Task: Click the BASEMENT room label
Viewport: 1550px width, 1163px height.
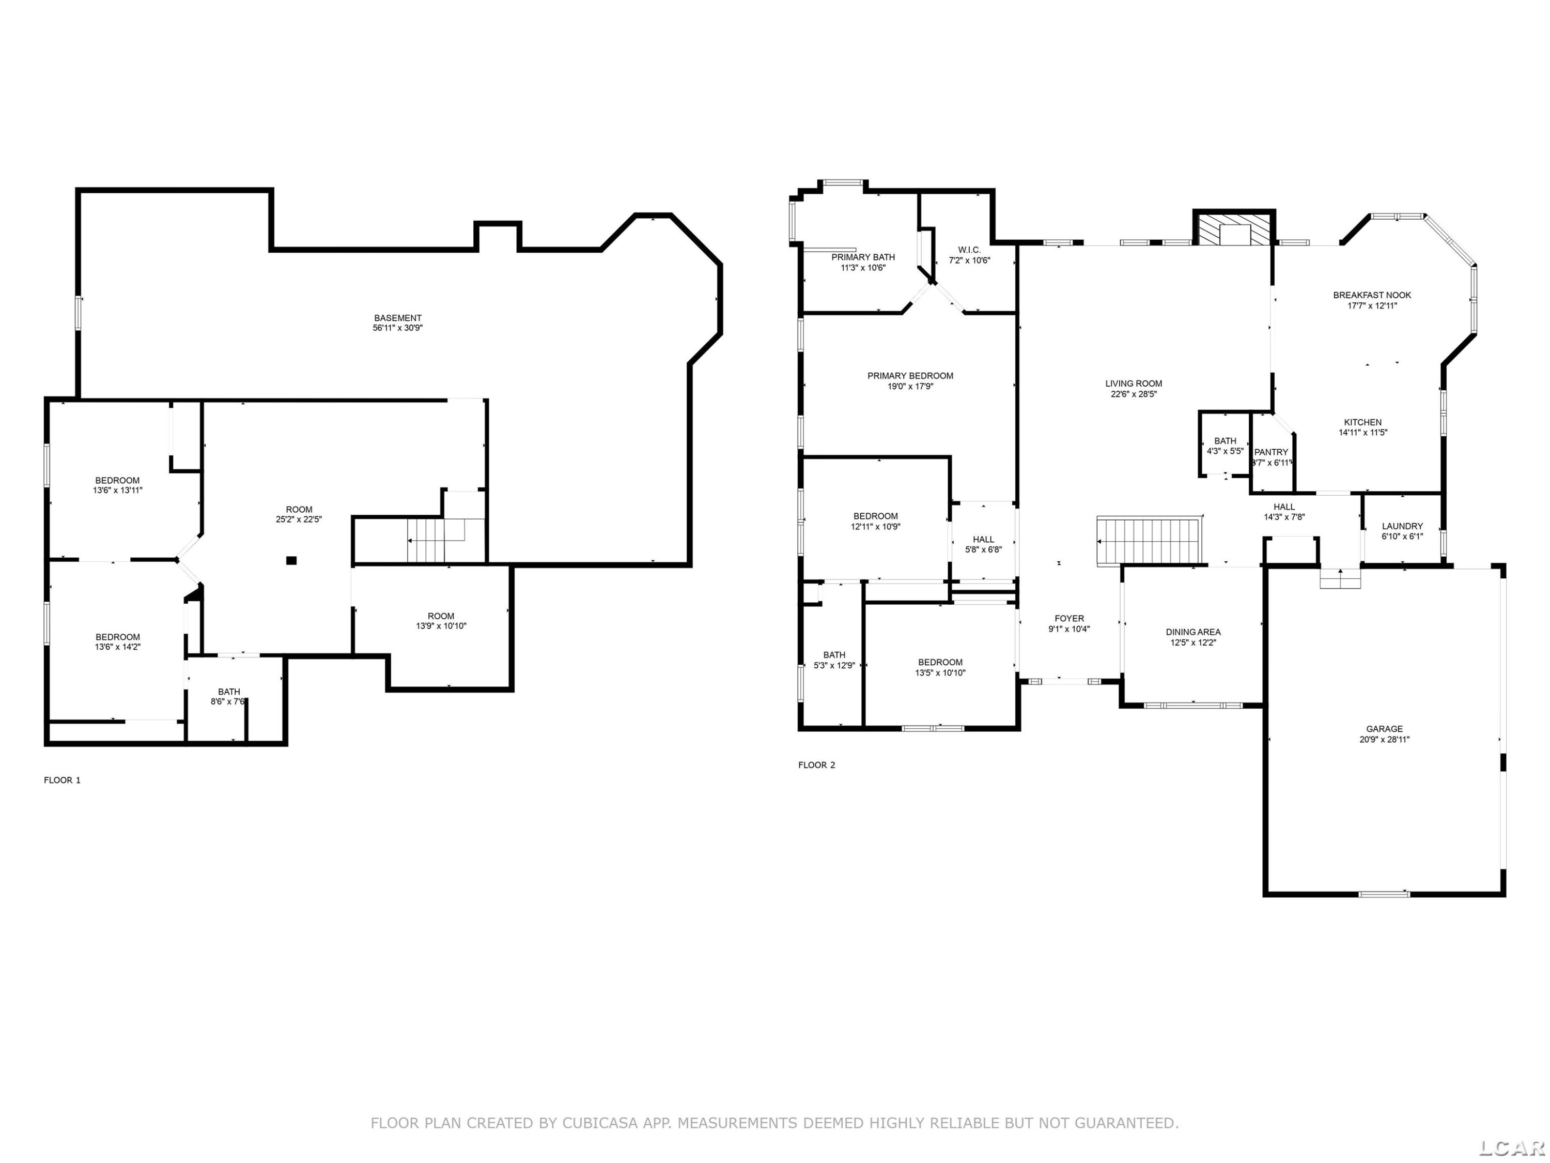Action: (x=397, y=317)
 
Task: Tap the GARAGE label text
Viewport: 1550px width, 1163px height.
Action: (x=1384, y=729)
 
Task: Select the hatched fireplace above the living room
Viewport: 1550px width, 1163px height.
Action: (x=1233, y=229)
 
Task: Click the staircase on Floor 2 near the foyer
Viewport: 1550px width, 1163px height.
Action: (x=1150, y=541)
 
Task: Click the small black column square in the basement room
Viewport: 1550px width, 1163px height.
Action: (x=291, y=560)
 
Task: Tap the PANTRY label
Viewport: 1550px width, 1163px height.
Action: (x=1271, y=452)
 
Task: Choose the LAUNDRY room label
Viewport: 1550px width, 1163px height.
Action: (x=1402, y=527)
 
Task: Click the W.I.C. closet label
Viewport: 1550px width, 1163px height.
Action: (x=970, y=250)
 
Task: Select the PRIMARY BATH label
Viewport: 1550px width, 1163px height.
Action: (x=863, y=257)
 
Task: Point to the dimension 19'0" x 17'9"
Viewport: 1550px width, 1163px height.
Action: (x=910, y=386)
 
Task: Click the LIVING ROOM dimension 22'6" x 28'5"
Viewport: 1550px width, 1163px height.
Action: (x=1134, y=394)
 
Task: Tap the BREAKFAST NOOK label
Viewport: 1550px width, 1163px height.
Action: (x=1372, y=295)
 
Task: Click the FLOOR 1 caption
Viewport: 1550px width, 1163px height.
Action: (x=63, y=780)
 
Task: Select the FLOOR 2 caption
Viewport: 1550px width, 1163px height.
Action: (x=817, y=765)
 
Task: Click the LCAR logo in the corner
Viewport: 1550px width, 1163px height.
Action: (x=1511, y=1147)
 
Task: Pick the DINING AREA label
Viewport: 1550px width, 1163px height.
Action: (x=1194, y=632)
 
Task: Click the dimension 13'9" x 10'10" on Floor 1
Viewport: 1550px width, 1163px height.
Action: (x=441, y=626)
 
